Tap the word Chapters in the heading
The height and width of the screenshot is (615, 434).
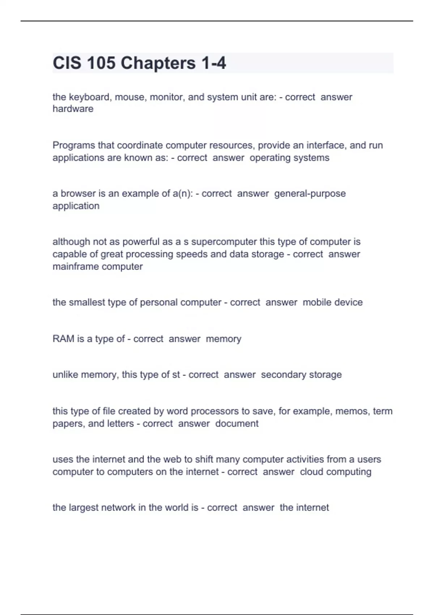pos(158,63)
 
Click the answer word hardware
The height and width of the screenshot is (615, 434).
pos(73,109)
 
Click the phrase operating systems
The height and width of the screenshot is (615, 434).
pos(289,158)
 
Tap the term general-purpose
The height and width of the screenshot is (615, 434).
pos(310,194)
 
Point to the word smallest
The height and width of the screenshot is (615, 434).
pos(87,302)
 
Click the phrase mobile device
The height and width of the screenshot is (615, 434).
pos(332,302)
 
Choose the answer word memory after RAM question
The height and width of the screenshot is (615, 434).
pos(223,339)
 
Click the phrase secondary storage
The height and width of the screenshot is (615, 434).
pos(301,375)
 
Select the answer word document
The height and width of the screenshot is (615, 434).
pos(237,424)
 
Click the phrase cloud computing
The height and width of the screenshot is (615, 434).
pos(336,472)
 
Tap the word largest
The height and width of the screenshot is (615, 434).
pos(84,508)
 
